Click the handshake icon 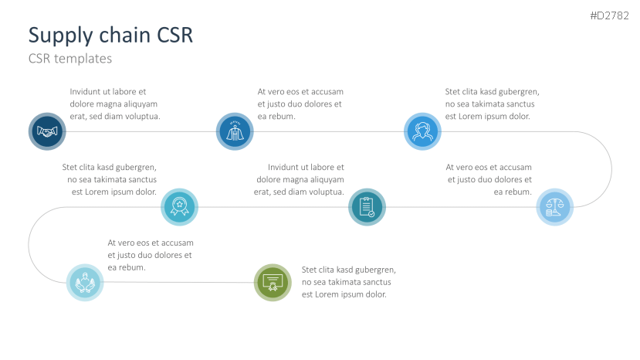pos(47,131)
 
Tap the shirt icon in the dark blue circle pos(235,131)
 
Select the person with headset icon pos(422,131)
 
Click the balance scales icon pos(554,207)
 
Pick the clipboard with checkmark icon pos(367,207)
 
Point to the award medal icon pos(180,207)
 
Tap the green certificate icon pos(273,283)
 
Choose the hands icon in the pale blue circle pos(85,283)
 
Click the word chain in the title pos(126,35)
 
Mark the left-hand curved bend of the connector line pos(29,244)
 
